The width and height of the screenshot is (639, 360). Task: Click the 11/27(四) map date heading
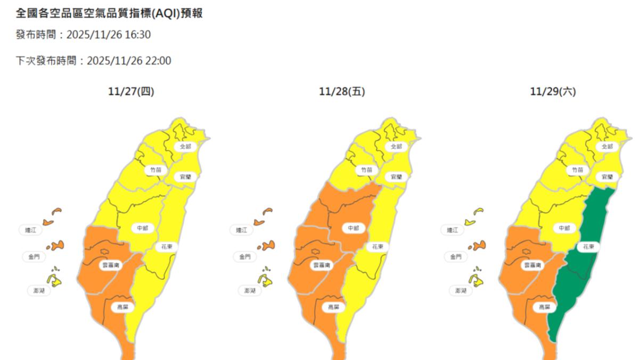[x=131, y=92]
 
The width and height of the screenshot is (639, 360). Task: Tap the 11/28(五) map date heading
[x=342, y=92]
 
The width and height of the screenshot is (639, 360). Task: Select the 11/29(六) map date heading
[x=553, y=92]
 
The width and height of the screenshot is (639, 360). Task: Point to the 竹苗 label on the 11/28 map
[x=365, y=170]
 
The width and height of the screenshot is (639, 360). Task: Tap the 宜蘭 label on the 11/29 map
[x=608, y=177]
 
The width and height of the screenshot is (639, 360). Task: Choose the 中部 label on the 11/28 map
[x=353, y=228]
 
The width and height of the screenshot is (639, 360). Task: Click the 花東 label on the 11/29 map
[x=588, y=247]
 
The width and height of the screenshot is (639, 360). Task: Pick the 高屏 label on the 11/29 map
[x=544, y=307]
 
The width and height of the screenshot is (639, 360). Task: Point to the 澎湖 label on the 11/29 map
[x=461, y=291]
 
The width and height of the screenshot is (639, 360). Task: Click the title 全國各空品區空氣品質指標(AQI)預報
[x=109, y=13]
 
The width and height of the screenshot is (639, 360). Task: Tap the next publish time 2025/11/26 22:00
[x=128, y=61]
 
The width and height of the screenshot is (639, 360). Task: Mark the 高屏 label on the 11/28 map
[x=333, y=307]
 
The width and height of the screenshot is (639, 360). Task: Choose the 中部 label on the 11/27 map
[x=142, y=228]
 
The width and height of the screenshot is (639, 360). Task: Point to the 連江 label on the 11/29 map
[x=453, y=230]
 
